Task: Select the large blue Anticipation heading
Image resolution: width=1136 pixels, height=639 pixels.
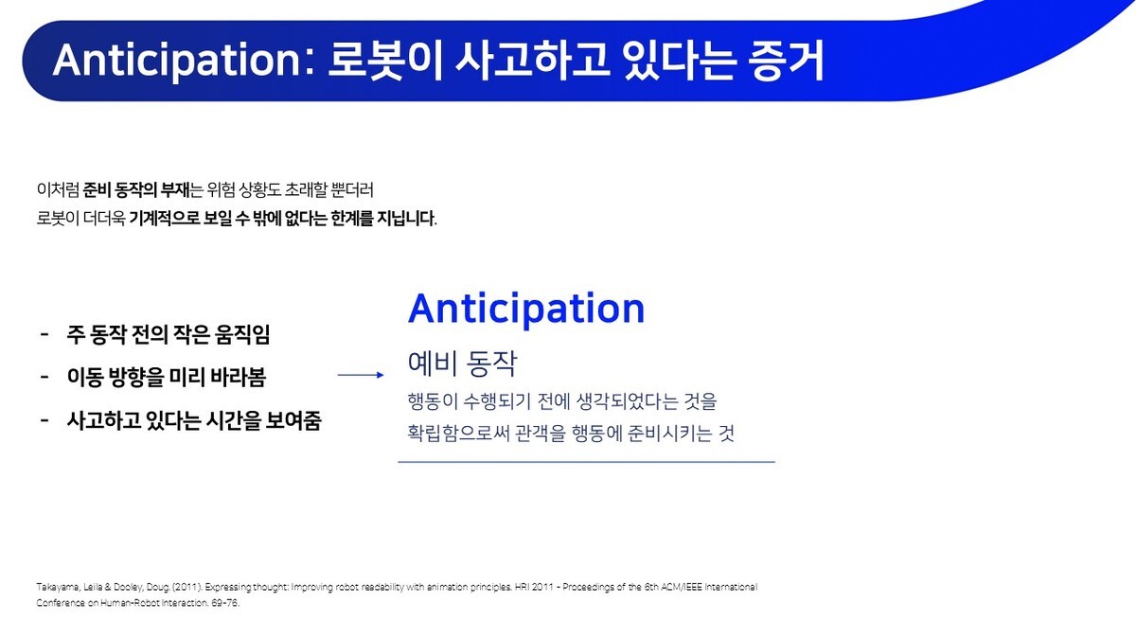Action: tap(526, 308)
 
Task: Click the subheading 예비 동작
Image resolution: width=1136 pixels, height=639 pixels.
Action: tap(462, 364)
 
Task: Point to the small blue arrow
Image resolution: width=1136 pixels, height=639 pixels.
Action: tap(361, 375)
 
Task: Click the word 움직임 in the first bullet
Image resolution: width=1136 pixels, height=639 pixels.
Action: tap(242, 334)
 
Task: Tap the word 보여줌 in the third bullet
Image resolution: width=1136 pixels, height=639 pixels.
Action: tap(293, 420)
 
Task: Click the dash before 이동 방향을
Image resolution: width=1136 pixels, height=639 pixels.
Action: tap(44, 377)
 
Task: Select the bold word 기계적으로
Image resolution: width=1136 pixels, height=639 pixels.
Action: tap(165, 219)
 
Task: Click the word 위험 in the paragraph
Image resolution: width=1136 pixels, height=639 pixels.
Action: tap(221, 190)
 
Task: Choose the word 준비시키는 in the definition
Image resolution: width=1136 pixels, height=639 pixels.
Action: tap(670, 434)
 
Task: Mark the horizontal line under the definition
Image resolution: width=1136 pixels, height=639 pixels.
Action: tap(586, 462)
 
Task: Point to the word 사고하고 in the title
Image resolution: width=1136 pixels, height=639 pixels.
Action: tap(532, 61)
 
